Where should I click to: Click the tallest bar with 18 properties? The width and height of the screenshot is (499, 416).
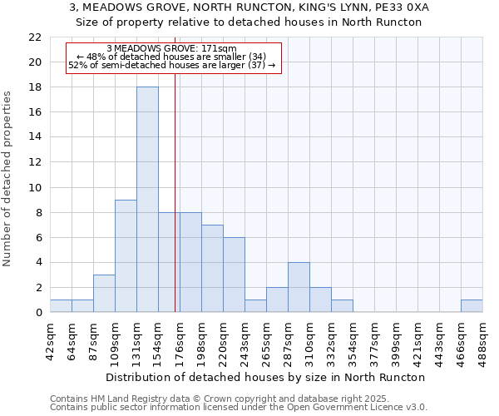point(147,200)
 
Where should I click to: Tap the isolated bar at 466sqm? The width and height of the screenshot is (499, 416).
point(472,306)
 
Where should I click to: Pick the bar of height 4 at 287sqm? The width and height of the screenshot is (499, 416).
point(299,288)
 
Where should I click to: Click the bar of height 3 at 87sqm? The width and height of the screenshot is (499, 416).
point(104,294)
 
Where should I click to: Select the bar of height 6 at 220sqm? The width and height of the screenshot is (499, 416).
point(234,275)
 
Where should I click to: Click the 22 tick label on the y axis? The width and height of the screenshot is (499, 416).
point(35,37)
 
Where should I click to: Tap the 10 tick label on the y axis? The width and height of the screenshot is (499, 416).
point(35,188)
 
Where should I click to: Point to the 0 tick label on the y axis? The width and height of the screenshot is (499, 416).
point(38,313)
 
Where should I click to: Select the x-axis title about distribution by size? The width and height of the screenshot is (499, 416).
point(266,377)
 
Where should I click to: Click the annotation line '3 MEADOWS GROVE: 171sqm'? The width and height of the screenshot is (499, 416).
point(172,48)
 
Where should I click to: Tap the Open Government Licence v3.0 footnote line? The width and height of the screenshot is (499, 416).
point(239,408)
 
